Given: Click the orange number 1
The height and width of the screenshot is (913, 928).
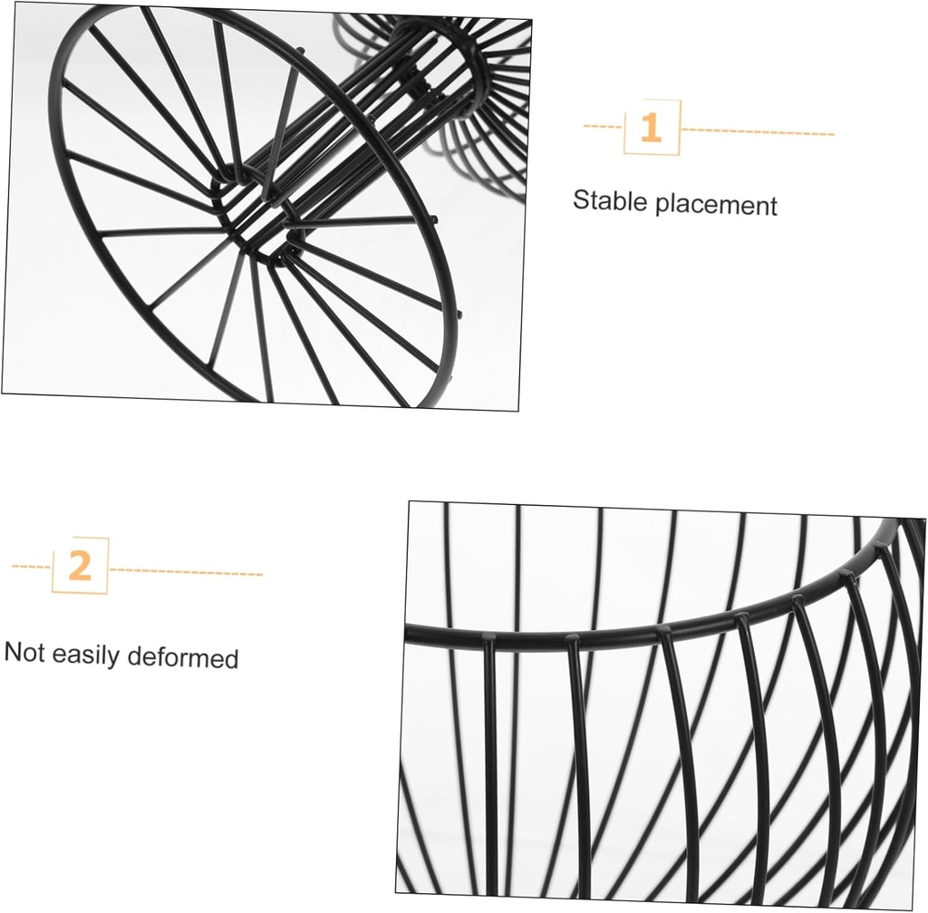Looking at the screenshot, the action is (x=651, y=127).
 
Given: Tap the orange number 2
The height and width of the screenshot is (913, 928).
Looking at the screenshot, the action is (x=80, y=566).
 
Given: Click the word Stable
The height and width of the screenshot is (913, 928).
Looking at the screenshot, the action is (x=610, y=200).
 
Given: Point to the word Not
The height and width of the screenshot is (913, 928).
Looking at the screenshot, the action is (x=24, y=652).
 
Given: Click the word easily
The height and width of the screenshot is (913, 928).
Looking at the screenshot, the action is (x=86, y=656).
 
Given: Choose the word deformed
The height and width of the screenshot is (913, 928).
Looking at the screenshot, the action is (x=183, y=657).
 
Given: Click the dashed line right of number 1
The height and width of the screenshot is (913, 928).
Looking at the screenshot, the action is (x=758, y=131).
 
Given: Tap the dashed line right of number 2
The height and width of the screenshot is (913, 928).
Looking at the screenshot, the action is (x=187, y=572).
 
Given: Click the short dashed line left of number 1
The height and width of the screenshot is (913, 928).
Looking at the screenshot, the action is (x=603, y=126).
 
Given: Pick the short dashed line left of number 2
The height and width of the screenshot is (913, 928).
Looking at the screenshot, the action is (x=32, y=567).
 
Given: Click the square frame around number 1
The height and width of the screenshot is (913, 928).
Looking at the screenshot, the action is (x=623, y=127).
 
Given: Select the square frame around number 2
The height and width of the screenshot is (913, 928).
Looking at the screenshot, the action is (x=53, y=566).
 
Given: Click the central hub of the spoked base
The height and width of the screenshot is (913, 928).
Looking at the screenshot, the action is (x=256, y=214).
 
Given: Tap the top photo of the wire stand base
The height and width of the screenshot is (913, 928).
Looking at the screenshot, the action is (x=266, y=207).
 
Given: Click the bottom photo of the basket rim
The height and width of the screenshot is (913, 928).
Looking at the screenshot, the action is (x=660, y=704).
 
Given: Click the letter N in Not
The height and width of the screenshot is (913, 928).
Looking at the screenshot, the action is (x=13, y=651).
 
